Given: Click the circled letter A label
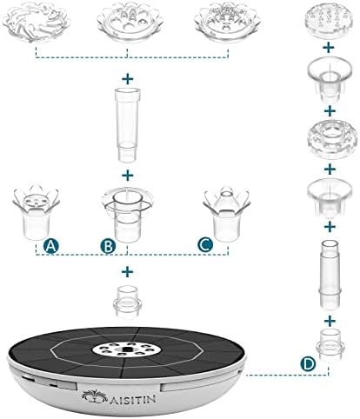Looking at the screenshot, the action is click(x=50, y=246).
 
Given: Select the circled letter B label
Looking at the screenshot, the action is click(x=108, y=246).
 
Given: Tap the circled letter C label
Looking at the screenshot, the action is click(x=205, y=245).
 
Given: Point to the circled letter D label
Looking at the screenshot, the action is click(x=308, y=363).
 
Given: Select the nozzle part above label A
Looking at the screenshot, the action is click(x=36, y=211).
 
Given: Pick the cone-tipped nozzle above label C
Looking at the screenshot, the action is click(x=227, y=214).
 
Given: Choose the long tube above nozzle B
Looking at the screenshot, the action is click(x=128, y=124).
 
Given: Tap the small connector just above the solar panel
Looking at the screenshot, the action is click(x=128, y=303).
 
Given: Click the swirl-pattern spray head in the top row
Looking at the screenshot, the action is click(x=37, y=21).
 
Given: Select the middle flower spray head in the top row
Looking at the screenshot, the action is click(x=130, y=23).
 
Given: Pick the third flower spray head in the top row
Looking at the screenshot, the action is click(x=228, y=23).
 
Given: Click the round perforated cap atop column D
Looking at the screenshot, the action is click(x=330, y=19).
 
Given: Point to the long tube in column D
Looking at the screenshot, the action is click(x=330, y=274).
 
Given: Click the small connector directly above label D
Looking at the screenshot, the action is click(x=330, y=345).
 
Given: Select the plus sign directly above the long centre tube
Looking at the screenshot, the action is click(x=128, y=79).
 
